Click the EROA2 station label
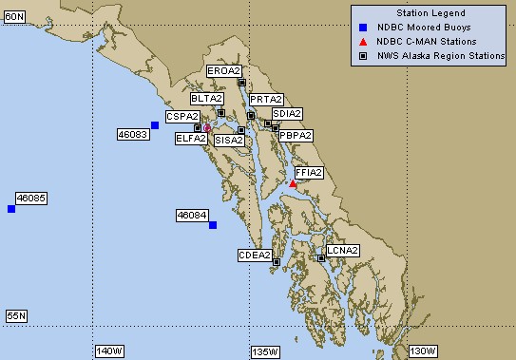click(x=225, y=71)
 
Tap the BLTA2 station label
click(x=206, y=99)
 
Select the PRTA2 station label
click(x=266, y=99)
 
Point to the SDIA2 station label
click(x=287, y=114)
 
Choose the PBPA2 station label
click(x=296, y=136)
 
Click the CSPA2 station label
click(x=182, y=116)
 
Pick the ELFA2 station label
click(x=191, y=139)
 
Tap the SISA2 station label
click(x=229, y=140)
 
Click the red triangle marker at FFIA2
click(x=294, y=184)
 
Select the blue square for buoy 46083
click(x=155, y=125)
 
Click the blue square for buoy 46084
click(x=213, y=225)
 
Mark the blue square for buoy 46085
click(x=11, y=209)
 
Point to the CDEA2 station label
click(x=255, y=255)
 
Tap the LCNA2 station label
click(x=342, y=251)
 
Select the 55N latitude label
click(x=15, y=315)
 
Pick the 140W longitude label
click(x=109, y=352)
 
